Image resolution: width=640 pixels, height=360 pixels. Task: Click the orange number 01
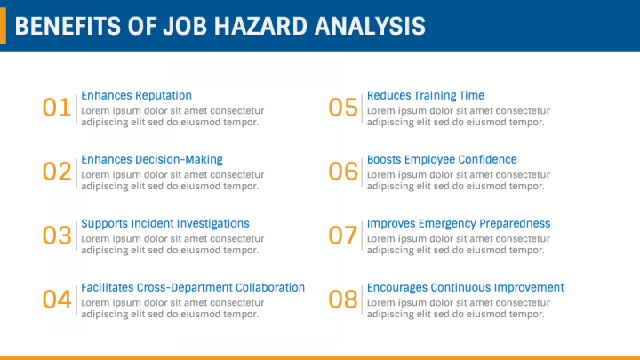57,108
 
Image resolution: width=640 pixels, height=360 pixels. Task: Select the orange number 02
57,172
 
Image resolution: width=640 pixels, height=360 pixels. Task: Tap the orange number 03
57,236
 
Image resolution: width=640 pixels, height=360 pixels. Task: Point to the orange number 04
57,300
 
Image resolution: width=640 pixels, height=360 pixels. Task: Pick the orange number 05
343,108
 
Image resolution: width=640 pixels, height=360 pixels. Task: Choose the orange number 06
343,172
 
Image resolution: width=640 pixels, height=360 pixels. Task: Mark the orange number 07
343,236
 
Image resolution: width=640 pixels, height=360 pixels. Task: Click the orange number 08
343,300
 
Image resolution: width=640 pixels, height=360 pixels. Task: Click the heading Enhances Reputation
136,95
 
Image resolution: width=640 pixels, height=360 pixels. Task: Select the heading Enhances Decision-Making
152,160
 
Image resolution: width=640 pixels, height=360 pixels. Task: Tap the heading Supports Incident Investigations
165,224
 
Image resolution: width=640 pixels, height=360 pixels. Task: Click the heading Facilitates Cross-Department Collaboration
193,288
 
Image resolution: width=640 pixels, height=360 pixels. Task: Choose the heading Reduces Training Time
426,95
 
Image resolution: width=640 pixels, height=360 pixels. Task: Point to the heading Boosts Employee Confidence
442,160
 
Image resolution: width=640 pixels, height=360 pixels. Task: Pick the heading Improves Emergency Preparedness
459,224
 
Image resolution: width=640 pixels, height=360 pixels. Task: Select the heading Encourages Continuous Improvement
465,288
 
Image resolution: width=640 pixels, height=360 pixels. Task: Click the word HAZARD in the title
260,26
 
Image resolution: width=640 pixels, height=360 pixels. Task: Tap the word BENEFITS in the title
68,26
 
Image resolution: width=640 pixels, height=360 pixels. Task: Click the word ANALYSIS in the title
370,26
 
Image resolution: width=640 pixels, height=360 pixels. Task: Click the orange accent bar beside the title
3,25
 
